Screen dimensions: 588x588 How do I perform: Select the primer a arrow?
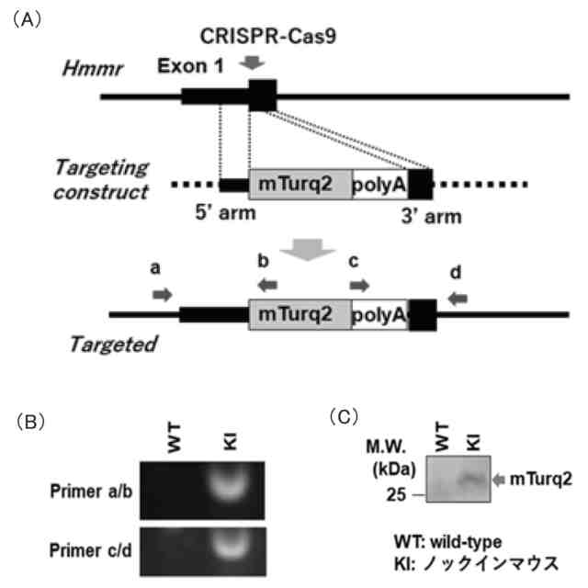coord(162,294)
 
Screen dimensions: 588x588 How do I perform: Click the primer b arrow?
coord(266,285)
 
